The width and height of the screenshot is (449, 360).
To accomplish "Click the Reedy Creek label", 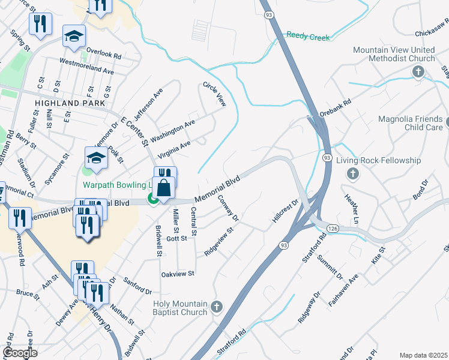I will (x=308, y=37).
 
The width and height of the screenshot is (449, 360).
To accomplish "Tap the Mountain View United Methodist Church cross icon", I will (x=418, y=73).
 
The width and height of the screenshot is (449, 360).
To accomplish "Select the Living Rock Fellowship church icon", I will (x=353, y=174).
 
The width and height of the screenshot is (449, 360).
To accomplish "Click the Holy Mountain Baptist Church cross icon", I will (x=217, y=308).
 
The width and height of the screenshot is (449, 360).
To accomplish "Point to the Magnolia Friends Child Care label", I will (x=410, y=124).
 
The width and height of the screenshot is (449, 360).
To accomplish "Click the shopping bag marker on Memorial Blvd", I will (x=163, y=188).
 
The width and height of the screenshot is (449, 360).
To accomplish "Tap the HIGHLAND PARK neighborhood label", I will (x=66, y=103).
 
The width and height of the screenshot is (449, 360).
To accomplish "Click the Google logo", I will (x=20, y=352).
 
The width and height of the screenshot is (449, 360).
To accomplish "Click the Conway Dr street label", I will (x=228, y=208).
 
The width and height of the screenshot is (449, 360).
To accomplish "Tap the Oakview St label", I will (x=178, y=274).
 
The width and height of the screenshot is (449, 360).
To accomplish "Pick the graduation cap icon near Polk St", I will (x=96, y=158).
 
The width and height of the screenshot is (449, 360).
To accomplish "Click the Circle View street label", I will (x=214, y=95).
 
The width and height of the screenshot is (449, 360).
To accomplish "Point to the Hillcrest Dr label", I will (x=286, y=212).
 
